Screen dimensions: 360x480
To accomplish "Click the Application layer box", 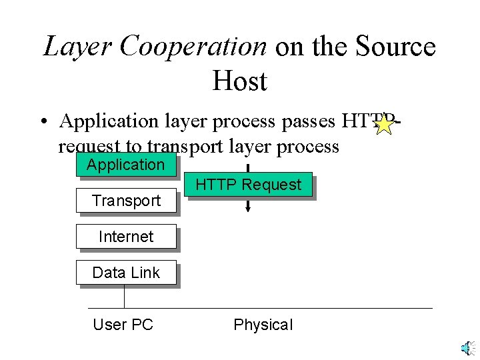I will pyautogui.click(x=126, y=165).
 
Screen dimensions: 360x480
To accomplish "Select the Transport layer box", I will pyautogui.click(x=126, y=201).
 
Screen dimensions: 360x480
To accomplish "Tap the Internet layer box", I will pyautogui.click(x=126, y=237).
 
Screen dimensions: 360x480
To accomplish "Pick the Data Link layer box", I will pyautogui.click(x=126, y=273).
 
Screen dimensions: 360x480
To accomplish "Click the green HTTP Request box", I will pyautogui.click(x=248, y=185).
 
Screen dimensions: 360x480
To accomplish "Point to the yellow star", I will pyautogui.click(x=384, y=123).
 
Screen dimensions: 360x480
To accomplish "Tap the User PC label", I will pyautogui.click(x=123, y=325).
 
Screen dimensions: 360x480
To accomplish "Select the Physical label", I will pyautogui.click(x=263, y=325).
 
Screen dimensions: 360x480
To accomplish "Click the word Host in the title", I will pyautogui.click(x=240, y=81).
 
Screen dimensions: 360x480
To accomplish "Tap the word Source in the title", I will pyautogui.click(x=397, y=47).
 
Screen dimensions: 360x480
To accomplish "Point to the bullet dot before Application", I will pyautogui.click(x=43, y=122).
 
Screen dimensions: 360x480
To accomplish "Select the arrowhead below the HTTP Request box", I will pyautogui.click(x=248, y=209).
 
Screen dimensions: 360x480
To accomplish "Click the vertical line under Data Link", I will pyautogui.click(x=125, y=297).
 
